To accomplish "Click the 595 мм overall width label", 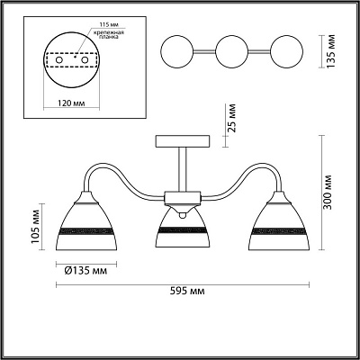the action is pyautogui.click(x=187, y=291).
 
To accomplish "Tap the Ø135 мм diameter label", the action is pyautogui.click(x=85, y=271).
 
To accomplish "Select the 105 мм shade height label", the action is pyautogui.click(x=36, y=227).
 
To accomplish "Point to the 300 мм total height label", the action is pyautogui.click(x=328, y=192).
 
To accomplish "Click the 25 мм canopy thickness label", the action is pyautogui.click(x=231, y=118).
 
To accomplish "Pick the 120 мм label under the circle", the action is pyautogui.click(x=71, y=103).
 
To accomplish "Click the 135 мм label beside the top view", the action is pyautogui.click(x=331, y=51).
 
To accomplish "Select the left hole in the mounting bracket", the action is pyautogui.click(x=59, y=60).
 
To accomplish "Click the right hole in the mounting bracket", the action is pyautogui.click(x=85, y=60).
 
